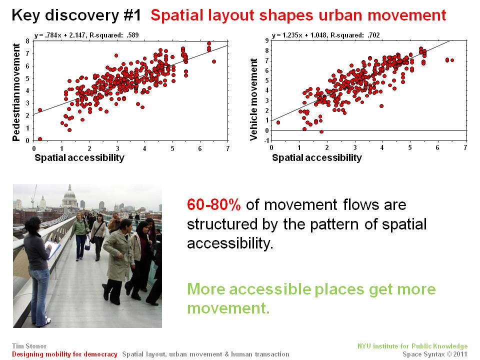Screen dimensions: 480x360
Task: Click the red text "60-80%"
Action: click(x=213, y=204)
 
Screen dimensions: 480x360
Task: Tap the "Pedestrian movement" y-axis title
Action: click(x=16, y=92)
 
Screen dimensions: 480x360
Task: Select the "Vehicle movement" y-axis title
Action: click(x=253, y=99)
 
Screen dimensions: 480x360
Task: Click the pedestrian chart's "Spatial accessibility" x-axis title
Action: click(x=79, y=157)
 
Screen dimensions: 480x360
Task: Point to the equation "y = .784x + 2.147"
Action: click(x=59, y=35)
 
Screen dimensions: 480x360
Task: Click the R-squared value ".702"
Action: click(x=373, y=35)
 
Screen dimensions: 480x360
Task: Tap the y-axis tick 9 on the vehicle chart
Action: click(x=266, y=40)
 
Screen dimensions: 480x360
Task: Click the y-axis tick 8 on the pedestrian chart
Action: click(x=27, y=41)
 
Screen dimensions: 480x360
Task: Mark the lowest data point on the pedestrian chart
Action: click(x=40, y=139)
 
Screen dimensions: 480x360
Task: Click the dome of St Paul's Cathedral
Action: click(x=69, y=194)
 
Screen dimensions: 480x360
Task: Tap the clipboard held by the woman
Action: click(x=52, y=249)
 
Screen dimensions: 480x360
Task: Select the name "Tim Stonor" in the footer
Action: click(x=29, y=346)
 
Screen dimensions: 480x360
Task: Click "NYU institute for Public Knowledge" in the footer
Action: click(x=412, y=346)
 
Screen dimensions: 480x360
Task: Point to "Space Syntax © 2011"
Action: click(x=435, y=354)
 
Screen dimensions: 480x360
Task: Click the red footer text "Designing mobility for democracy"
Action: click(x=64, y=354)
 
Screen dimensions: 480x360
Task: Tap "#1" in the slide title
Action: click(x=132, y=15)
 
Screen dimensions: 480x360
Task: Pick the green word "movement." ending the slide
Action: click(x=228, y=308)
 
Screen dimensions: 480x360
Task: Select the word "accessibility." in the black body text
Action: click(x=230, y=243)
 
